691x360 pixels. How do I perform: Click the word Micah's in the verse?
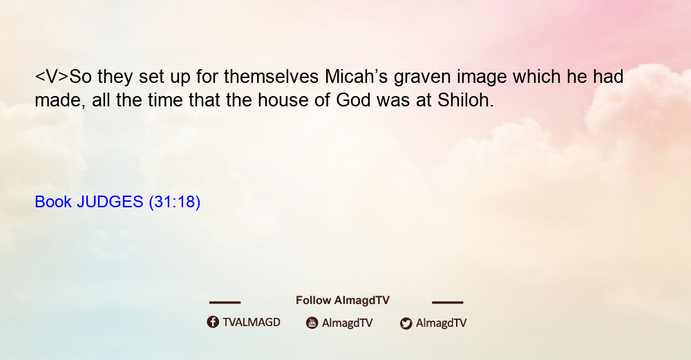coord(356,77)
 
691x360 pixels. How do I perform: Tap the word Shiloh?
coord(465,100)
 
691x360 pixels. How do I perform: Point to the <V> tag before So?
coord(52,77)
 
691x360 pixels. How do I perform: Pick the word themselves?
coord(271,77)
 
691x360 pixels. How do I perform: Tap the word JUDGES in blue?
coord(110,202)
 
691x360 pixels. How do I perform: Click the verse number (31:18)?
coord(175,202)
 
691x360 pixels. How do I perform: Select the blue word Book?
coord(53,202)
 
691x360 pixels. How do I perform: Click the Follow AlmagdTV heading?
coord(343,301)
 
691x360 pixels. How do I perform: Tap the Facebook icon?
coord(213,322)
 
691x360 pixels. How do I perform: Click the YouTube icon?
coord(312,323)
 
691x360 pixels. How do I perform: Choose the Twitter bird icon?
coord(406,323)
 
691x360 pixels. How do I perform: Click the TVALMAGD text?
coord(252,322)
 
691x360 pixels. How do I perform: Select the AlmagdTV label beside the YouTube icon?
coord(348,323)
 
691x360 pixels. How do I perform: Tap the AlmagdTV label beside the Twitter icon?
coord(441,323)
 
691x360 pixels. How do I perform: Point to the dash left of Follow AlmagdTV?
coord(225,302)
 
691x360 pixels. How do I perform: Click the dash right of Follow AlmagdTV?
coord(448,302)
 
